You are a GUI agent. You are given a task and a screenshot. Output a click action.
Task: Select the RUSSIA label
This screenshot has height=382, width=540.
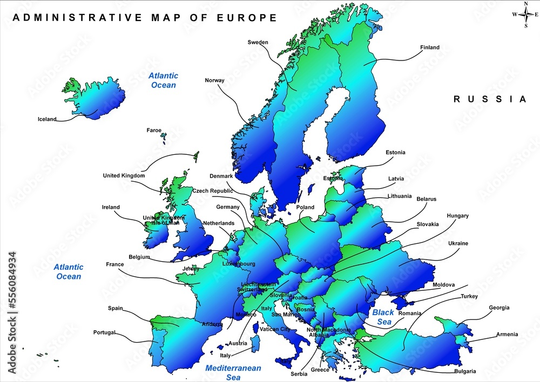click(489, 99)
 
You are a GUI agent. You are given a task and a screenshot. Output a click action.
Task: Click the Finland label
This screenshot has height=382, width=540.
click(429, 47)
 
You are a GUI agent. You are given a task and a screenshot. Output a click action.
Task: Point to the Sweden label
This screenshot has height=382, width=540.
click(258, 42)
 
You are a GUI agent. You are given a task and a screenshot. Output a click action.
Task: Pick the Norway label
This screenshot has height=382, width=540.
click(214, 80)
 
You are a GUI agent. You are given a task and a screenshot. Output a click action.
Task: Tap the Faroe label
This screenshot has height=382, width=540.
click(154, 130)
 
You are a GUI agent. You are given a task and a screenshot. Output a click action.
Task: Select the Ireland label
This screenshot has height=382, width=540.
click(111, 207)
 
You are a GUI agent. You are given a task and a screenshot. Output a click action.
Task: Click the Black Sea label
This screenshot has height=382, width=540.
click(383, 317)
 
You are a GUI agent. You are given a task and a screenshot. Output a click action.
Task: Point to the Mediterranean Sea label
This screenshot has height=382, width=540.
click(233, 373)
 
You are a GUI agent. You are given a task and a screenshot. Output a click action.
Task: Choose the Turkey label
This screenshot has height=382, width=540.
click(469, 296)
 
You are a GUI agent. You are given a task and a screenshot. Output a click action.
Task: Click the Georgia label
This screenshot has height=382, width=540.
click(499, 308)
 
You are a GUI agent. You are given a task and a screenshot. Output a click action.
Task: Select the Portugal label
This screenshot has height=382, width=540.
click(104, 332)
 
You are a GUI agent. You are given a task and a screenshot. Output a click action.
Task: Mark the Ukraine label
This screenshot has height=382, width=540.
click(458, 243)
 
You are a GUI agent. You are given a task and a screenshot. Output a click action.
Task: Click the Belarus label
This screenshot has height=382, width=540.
click(426, 199)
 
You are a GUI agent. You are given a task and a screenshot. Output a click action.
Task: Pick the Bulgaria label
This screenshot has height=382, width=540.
click(465, 371)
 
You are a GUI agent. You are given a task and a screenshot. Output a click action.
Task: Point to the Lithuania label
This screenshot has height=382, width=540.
click(399, 196)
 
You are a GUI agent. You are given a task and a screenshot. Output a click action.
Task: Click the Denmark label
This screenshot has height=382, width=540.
click(221, 176)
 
